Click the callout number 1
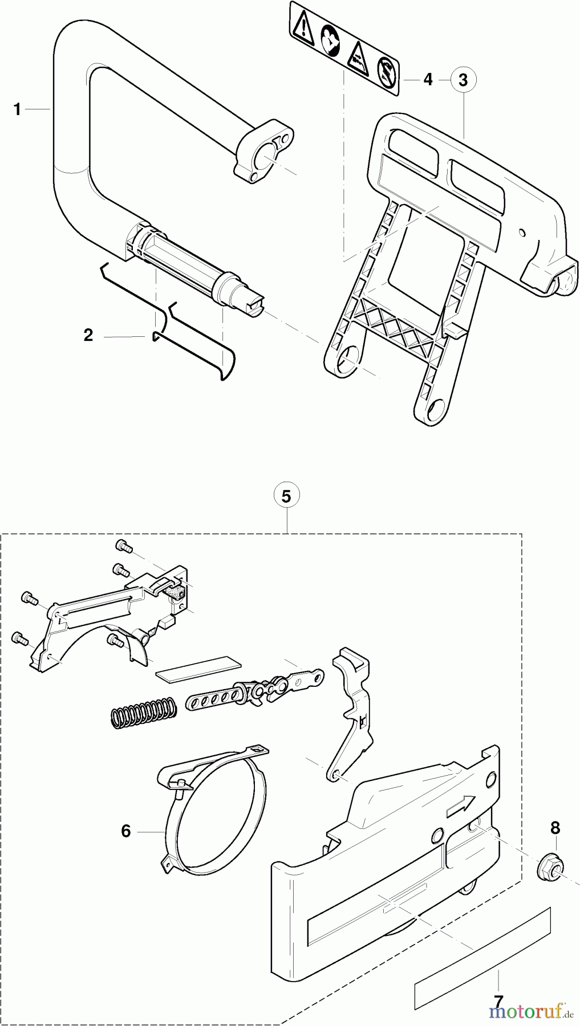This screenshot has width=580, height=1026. click(x=18, y=109)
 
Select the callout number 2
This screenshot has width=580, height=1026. click(x=88, y=335)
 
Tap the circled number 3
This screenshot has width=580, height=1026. click(x=463, y=80)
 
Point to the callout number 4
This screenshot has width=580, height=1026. click(x=428, y=80)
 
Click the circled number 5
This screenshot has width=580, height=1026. click(x=286, y=496)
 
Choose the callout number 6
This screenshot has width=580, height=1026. click(x=126, y=832)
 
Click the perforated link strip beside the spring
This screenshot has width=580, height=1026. click(x=214, y=699)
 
